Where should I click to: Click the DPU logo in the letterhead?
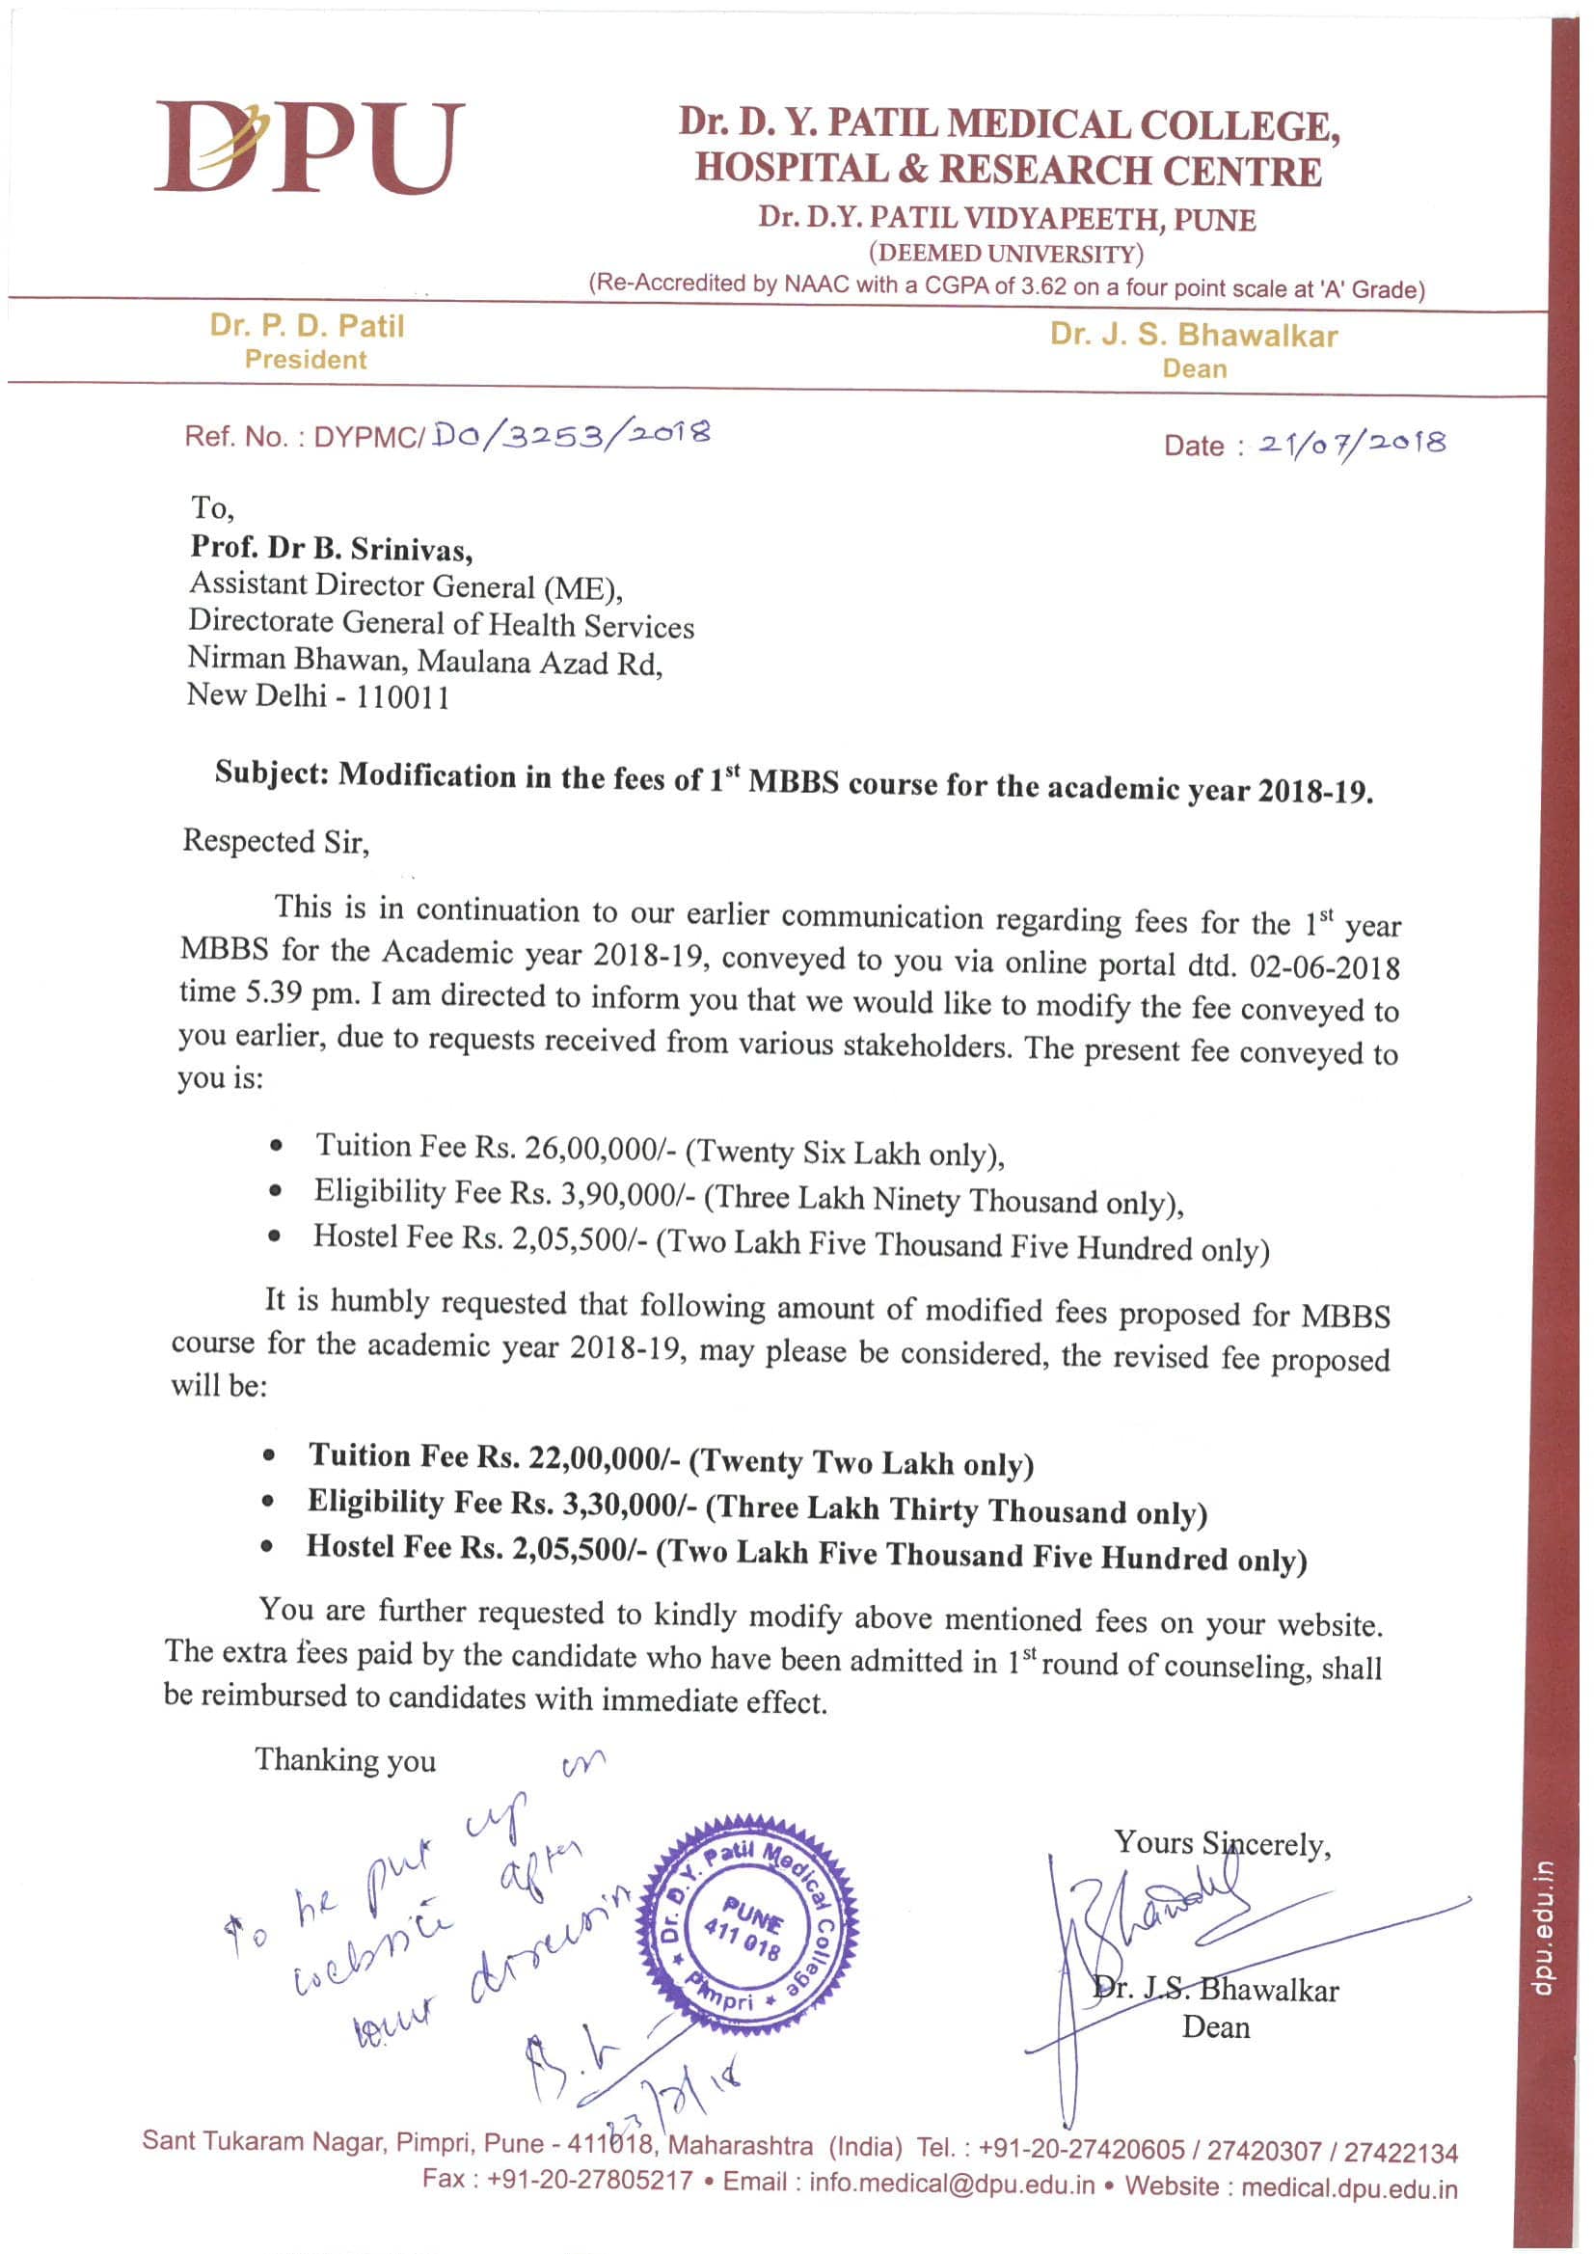tap(309, 148)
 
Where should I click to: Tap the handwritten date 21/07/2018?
tap(1352, 444)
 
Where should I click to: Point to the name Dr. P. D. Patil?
tap(307, 326)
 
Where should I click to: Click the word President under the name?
tap(306, 361)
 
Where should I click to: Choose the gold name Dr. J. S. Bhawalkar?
tap(1193, 336)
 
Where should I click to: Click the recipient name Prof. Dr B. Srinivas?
tap(331, 548)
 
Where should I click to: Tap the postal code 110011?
tap(402, 698)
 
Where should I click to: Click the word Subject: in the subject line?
tap(272, 773)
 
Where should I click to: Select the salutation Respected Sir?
tap(276, 841)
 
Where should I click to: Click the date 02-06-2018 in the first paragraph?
tap(1324, 967)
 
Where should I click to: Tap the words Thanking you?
tap(344, 1760)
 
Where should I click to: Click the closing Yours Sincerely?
tap(1221, 1844)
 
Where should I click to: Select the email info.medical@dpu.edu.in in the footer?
tap(951, 2183)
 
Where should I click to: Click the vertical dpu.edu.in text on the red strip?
tap(1545, 1929)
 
